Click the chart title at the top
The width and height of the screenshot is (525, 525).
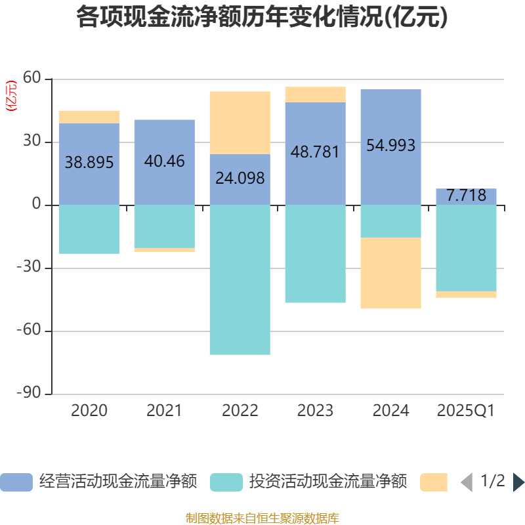tap(262, 17)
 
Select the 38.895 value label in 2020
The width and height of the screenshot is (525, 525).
tap(89, 163)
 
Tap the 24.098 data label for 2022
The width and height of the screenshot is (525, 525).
tap(240, 178)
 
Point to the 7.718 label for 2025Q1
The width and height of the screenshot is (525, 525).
tap(466, 195)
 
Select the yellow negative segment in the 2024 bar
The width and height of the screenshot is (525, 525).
tap(390, 273)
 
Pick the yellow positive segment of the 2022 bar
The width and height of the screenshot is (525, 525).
tap(240, 123)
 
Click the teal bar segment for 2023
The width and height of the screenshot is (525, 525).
tap(315, 254)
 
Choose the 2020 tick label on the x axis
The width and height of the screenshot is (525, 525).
tap(89, 411)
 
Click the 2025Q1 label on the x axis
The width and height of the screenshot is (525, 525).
tap(466, 411)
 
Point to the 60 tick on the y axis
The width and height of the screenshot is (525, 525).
tap(32, 79)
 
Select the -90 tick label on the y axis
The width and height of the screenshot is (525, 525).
tap(29, 394)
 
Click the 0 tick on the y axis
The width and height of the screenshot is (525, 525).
tap(37, 205)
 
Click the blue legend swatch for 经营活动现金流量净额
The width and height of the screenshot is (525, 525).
tap(16, 482)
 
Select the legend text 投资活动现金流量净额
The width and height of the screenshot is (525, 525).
tap(328, 482)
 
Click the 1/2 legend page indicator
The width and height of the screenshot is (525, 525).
tap(493, 482)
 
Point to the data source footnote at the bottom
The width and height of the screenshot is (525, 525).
tap(262, 518)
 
